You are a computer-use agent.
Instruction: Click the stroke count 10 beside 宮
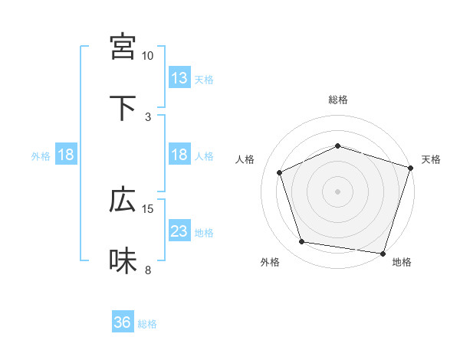(148, 56)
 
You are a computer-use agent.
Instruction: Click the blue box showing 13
(179, 78)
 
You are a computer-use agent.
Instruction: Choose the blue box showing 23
(179, 231)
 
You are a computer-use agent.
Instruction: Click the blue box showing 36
(123, 322)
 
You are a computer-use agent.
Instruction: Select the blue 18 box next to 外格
(66, 155)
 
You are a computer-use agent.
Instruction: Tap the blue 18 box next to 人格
(179, 155)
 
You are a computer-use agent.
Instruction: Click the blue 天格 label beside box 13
(204, 79)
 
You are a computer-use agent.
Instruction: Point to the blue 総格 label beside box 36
(147, 323)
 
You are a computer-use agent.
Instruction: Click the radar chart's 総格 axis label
(337, 100)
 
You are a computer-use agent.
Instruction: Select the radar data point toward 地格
(383, 253)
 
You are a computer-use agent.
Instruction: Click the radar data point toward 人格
(280, 172)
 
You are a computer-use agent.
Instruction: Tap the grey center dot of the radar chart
(337, 191)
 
